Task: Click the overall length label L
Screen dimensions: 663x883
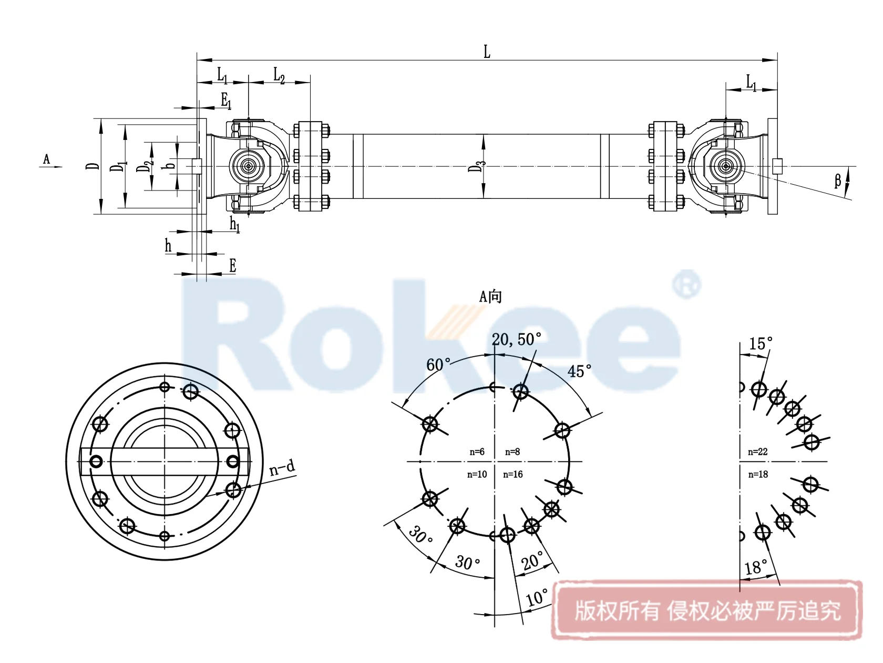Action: [x=487, y=52]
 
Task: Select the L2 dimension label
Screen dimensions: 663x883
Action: [x=279, y=76]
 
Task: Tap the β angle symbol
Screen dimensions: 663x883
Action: [x=838, y=181]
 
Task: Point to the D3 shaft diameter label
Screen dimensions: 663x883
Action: [x=476, y=167]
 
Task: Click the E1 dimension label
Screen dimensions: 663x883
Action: [x=225, y=100]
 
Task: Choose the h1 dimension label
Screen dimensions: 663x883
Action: [x=234, y=225]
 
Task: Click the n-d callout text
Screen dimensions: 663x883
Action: [x=282, y=467]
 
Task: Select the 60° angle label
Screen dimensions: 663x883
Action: [x=438, y=365]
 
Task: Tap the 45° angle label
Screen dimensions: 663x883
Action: [x=579, y=371]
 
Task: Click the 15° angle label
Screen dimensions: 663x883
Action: [x=761, y=344]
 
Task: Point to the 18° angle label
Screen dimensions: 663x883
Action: [x=756, y=568]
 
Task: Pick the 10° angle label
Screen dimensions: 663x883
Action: [x=537, y=598]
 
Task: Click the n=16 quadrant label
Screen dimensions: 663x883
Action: [x=512, y=475]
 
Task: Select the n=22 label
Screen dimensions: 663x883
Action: [x=757, y=452]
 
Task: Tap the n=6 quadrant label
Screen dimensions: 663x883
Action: [x=477, y=452]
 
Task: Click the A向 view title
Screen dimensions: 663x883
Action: [x=490, y=297]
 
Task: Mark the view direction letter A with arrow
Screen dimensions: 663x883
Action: [x=47, y=159]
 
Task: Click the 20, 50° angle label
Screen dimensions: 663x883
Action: [x=516, y=340]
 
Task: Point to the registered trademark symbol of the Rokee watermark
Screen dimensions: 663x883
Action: [x=686, y=285]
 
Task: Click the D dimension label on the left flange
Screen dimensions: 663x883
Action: [x=93, y=166]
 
